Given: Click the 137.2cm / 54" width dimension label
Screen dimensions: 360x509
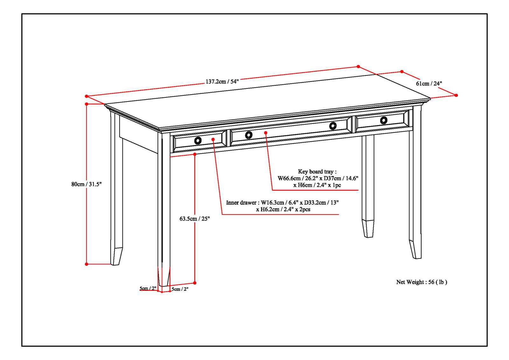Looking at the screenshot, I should (x=222, y=81).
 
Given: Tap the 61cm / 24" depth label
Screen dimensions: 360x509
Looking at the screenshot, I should (x=429, y=83).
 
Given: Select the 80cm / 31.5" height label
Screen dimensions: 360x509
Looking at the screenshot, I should (x=86, y=184).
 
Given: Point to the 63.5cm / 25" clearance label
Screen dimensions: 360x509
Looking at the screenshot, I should (x=195, y=219).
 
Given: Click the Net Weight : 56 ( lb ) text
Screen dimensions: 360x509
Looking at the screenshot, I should (x=422, y=282).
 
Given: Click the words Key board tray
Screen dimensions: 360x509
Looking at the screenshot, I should (x=317, y=172).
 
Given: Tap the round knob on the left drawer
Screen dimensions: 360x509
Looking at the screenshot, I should (x=198, y=140).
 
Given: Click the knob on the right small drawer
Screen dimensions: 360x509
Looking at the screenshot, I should (x=384, y=120).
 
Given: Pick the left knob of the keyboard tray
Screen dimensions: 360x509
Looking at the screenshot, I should (x=249, y=135).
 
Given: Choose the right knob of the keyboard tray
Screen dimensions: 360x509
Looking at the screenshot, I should (x=333, y=126).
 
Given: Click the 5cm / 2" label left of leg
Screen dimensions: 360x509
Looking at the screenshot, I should (x=148, y=288).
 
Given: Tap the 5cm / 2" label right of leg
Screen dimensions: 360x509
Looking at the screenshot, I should (x=180, y=289).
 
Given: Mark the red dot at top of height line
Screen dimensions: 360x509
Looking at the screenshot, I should (x=87, y=104).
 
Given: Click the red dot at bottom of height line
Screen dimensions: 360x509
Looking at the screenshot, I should (x=87, y=264).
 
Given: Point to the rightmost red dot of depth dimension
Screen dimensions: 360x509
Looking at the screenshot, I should (x=456, y=95).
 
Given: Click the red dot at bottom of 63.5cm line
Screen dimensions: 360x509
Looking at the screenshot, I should (x=195, y=283).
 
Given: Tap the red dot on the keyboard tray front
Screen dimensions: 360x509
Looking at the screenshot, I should (x=265, y=132).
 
